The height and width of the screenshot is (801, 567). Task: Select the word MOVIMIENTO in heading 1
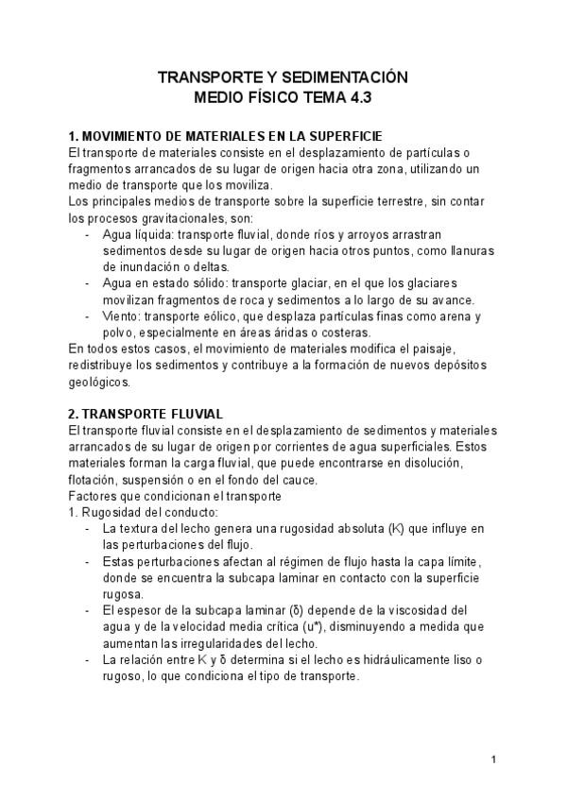tap(130, 136)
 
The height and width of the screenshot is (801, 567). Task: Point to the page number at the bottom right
tap(494, 760)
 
